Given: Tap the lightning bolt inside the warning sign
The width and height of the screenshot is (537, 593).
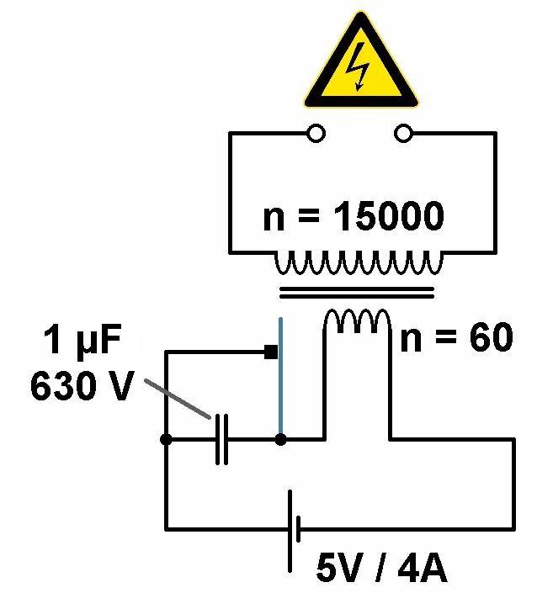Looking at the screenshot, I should pyautogui.click(x=360, y=67).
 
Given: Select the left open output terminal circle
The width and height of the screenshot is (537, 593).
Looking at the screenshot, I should pyautogui.click(x=316, y=134).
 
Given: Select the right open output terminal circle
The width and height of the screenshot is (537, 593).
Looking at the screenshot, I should pyautogui.click(x=405, y=134).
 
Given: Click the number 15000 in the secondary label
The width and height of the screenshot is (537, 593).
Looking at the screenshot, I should pyautogui.click(x=388, y=217).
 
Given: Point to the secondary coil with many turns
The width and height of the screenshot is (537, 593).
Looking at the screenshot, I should pyautogui.click(x=357, y=265).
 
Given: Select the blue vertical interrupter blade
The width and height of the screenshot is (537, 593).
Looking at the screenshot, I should pyautogui.click(x=280, y=379).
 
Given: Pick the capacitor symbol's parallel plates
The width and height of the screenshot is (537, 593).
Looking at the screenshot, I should pyautogui.click(x=221, y=439).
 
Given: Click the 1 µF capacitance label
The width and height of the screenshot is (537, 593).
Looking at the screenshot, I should pyautogui.click(x=83, y=342).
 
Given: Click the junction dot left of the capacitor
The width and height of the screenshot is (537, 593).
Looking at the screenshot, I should pyautogui.click(x=166, y=439).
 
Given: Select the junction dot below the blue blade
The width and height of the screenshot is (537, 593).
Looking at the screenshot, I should pyautogui.click(x=280, y=439).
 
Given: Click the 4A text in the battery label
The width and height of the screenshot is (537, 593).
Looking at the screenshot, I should pyautogui.click(x=420, y=571).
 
